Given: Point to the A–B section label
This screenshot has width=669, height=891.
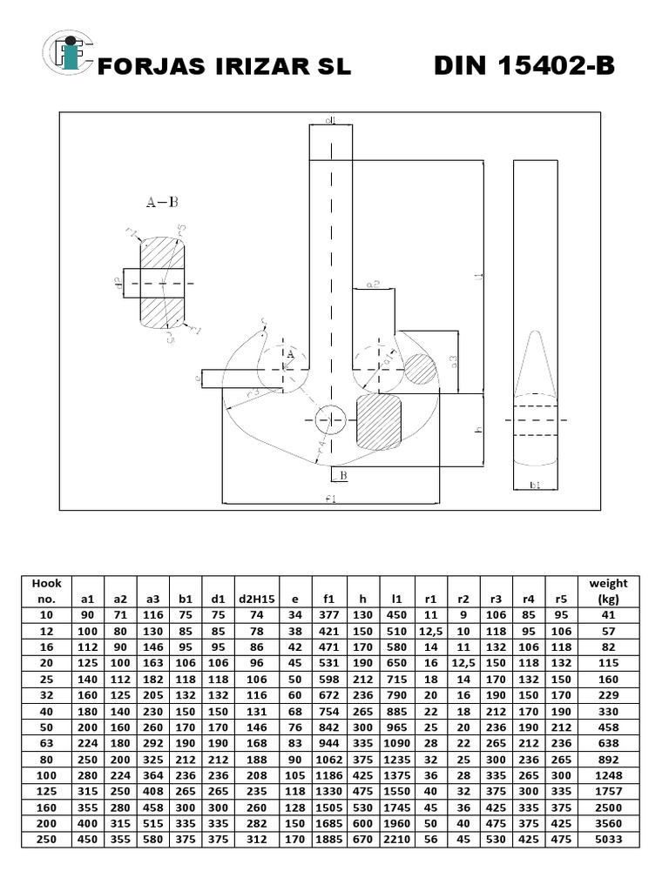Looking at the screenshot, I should pyautogui.click(x=161, y=202).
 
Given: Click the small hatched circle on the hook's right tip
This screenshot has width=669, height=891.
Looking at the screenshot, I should pyautogui.click(x=420, y=368).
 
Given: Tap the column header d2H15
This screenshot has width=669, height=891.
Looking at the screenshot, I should pyautogui.click(x=256, y=599).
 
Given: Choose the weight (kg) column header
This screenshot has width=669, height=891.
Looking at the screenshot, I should pyautogui.click(x=608, y=591).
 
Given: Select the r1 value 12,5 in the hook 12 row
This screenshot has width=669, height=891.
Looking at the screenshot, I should pyautogui.click(x=429, y=630).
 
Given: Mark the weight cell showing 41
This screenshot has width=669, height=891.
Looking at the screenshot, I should pyautogui.click(x=608, y=614).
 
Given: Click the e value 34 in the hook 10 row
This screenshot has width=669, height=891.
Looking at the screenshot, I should pyautogui.click(x=296, y=614).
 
